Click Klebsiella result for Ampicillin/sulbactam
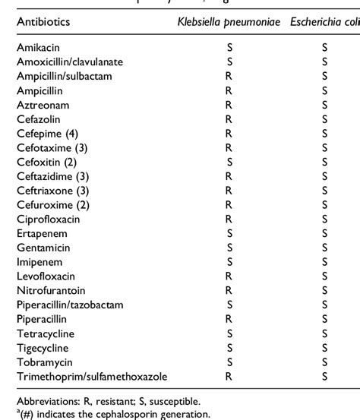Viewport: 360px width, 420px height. coord(229,75)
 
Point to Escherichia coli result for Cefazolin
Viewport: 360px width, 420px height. coord(324,118)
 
